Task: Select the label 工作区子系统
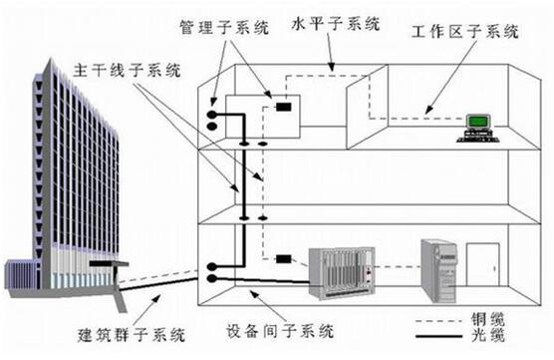465,35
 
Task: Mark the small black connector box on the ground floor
283,259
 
